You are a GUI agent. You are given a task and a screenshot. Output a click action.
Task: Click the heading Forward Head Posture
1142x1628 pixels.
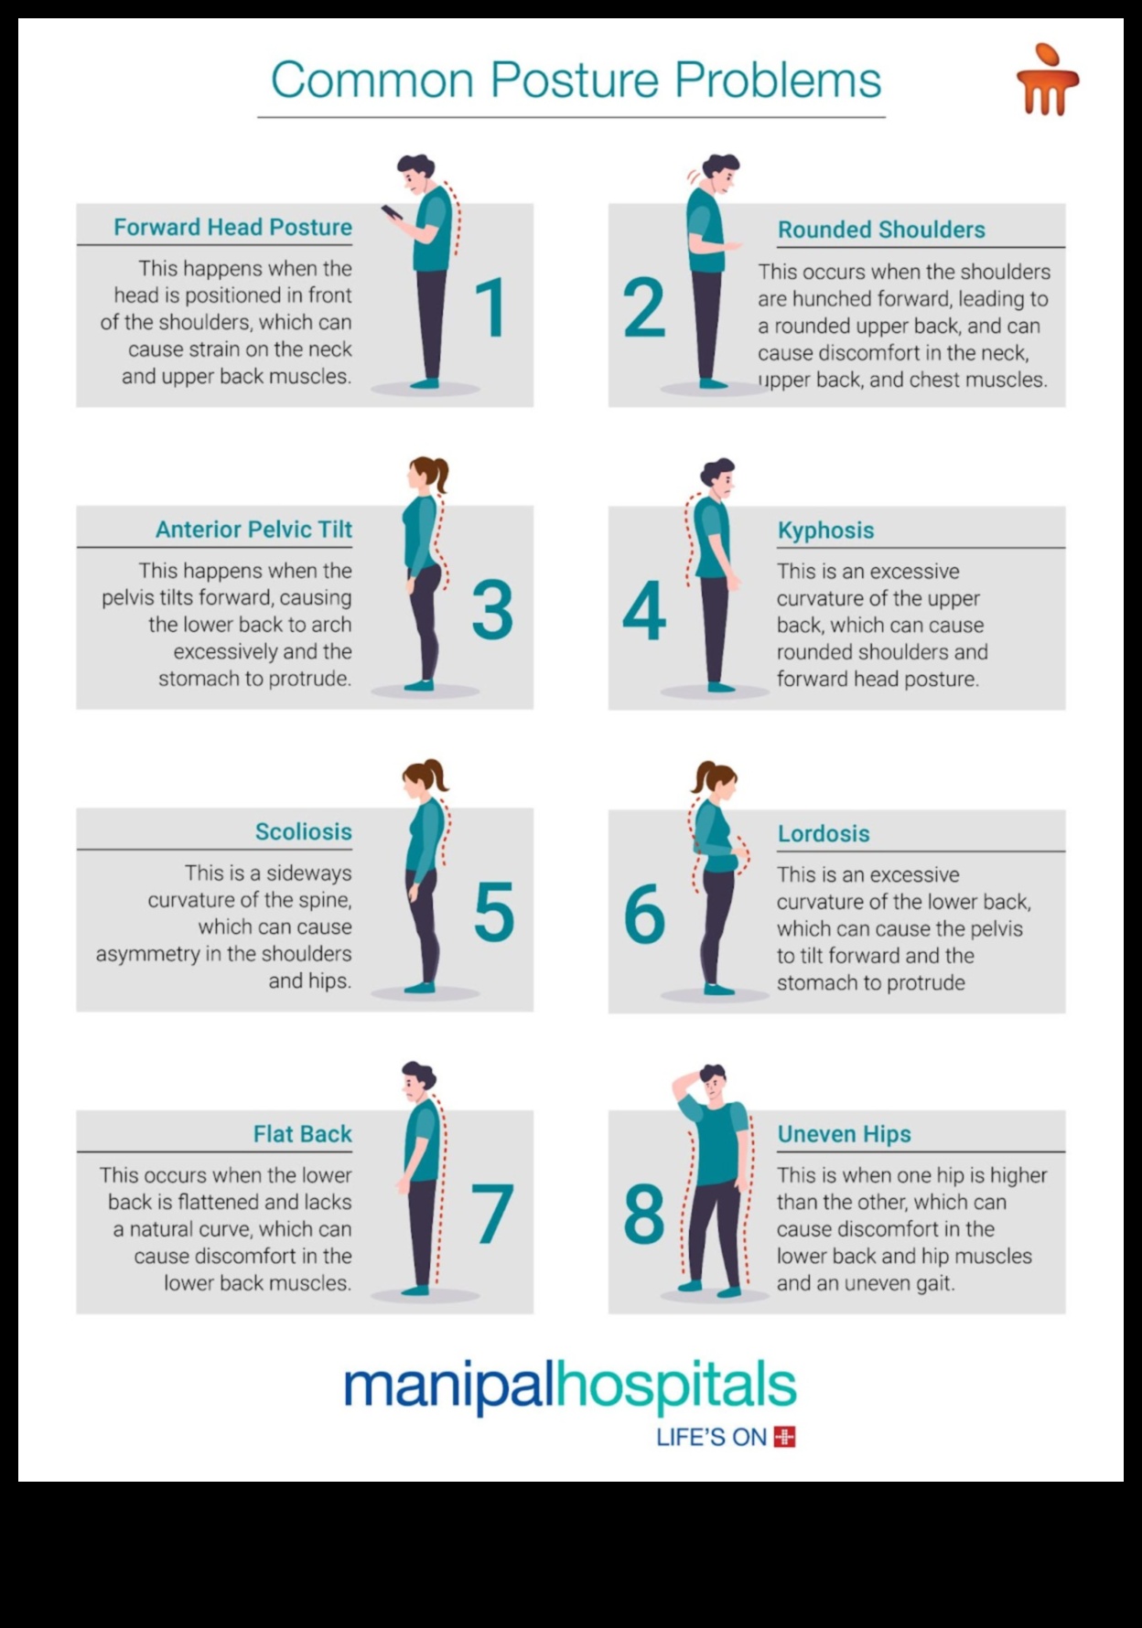232,227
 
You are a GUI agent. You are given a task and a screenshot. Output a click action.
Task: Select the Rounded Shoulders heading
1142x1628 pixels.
881,230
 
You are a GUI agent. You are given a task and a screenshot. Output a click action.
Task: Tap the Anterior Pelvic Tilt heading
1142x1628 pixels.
253,530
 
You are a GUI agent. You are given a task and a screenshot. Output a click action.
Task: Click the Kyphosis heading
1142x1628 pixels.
825,530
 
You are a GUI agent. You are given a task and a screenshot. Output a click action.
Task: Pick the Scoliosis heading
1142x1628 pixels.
303,831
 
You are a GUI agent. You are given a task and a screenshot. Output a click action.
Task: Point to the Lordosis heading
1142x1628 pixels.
824,833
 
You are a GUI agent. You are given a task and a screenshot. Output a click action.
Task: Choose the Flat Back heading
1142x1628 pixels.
302,1134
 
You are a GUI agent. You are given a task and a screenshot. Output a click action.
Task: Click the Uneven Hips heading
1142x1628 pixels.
844,1134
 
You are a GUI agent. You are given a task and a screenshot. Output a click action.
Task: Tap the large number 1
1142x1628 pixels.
491,308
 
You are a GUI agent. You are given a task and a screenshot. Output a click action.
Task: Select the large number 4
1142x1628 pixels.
644,610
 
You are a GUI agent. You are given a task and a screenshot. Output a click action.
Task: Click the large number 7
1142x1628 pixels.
491,1214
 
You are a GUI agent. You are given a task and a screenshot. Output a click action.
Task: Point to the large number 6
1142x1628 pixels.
644,913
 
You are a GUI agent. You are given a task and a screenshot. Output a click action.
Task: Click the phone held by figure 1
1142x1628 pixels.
392,212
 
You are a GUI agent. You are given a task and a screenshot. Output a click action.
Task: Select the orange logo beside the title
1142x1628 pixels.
1047,80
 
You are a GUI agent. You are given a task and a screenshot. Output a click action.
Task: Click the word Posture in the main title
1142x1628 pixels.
574,80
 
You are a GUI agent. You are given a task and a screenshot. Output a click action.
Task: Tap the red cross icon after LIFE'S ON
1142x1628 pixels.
784,1437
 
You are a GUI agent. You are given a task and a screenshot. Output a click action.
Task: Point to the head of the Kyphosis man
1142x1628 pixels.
718,475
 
